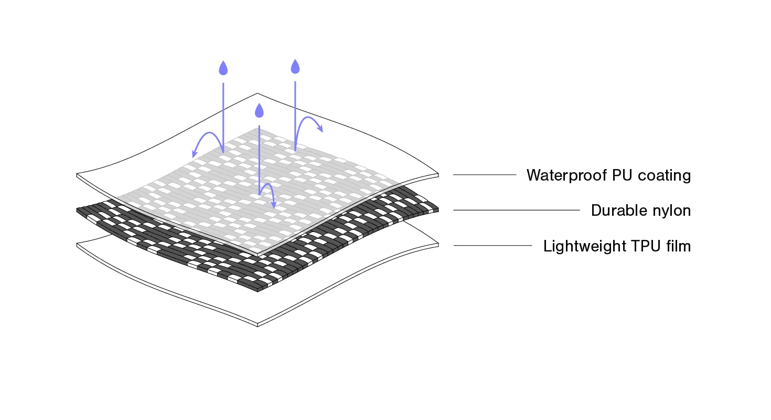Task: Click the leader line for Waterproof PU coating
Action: coord(485,174)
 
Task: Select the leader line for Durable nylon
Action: coord(516,210)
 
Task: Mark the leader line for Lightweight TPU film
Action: coord(492,245)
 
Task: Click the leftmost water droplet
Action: coord(223,68)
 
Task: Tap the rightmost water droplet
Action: coord(295,66)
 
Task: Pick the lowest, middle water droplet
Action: coord(259,111)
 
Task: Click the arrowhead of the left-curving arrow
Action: coord(194,154)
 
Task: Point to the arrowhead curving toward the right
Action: coord(320,128)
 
